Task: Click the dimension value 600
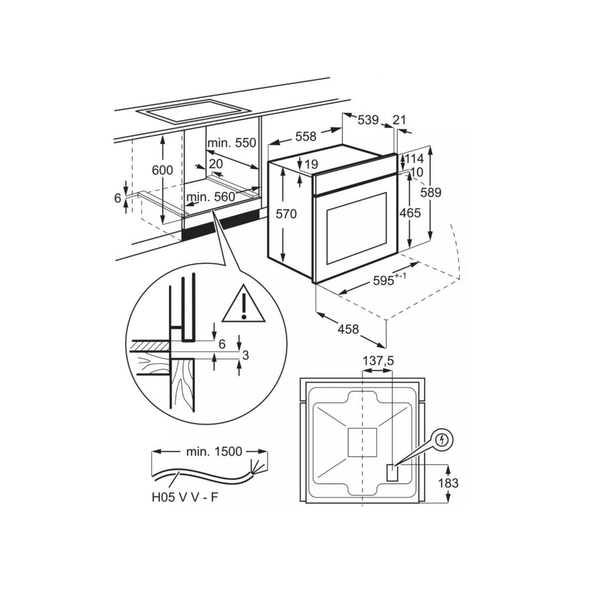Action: point(162,170)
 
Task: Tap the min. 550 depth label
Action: point(231,143)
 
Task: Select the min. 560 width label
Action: point(210,197)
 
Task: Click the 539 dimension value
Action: point(368,120)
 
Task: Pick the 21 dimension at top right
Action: point(399,120)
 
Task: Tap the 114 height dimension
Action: point(414,159)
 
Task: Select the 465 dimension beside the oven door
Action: point(410,213)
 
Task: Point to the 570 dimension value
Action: point(286,214)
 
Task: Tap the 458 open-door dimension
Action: point(348,329)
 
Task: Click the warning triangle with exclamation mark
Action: point(243,304)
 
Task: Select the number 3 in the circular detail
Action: point(245,355)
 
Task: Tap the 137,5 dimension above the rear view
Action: point(377,361)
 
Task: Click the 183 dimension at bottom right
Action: point(448,482)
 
